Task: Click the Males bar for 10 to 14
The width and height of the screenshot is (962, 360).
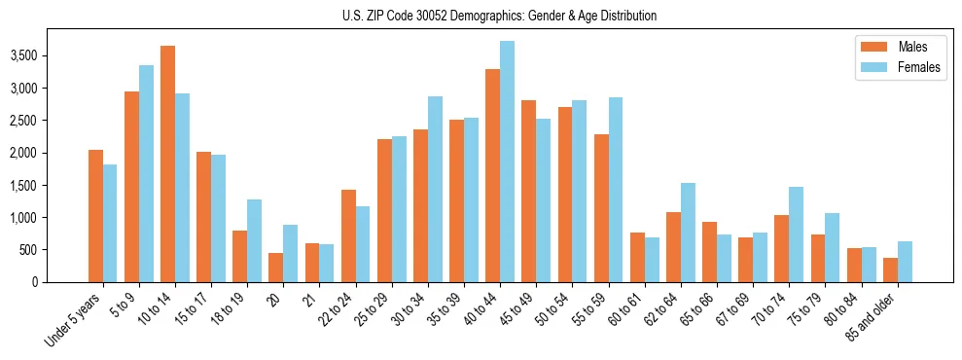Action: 167,163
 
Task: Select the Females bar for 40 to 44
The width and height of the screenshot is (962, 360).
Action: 507,162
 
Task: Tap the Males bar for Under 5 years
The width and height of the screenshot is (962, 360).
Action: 95,216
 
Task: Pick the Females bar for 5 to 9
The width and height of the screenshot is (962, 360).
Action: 146,173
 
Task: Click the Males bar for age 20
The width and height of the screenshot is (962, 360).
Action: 275,268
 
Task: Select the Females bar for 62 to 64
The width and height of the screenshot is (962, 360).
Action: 687,233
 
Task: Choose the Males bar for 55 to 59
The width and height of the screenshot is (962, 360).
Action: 601,208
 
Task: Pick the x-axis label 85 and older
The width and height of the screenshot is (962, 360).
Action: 875,317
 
